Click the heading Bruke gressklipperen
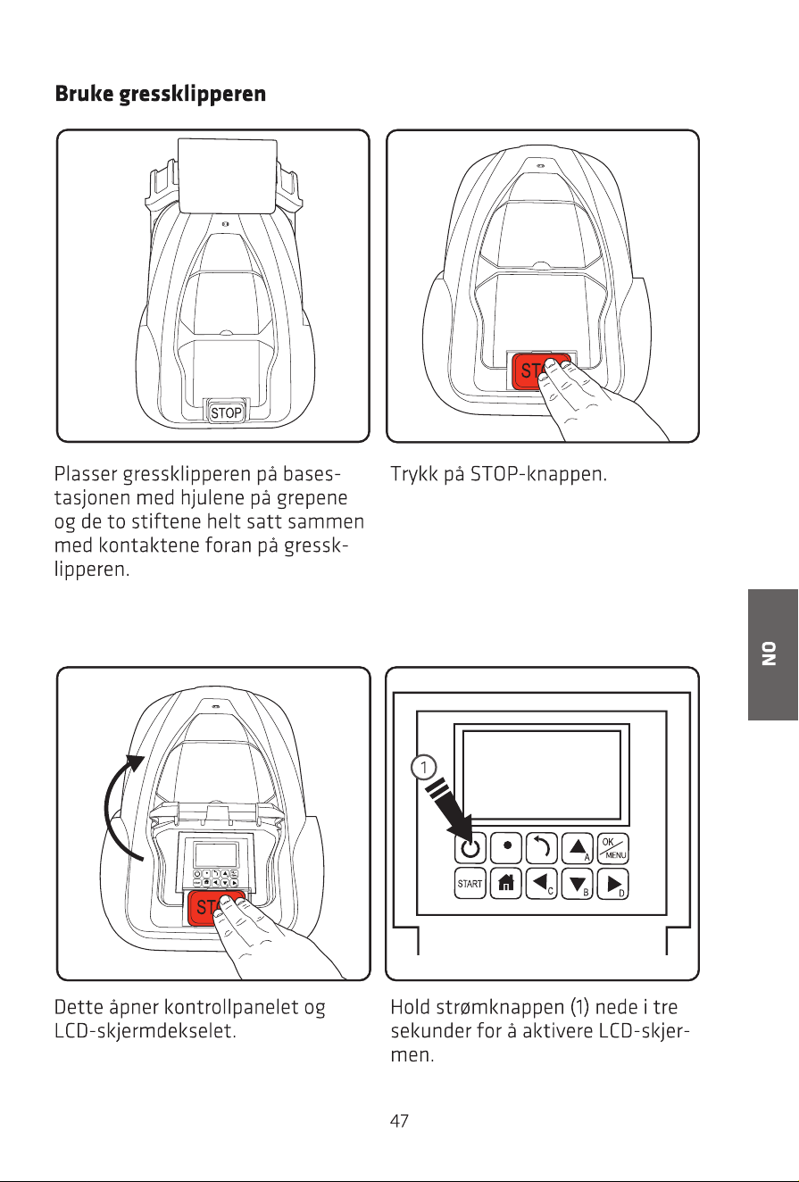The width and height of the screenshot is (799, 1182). (161, 95)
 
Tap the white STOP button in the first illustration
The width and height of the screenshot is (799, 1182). (227, 412)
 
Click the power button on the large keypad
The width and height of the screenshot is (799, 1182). (470, 848)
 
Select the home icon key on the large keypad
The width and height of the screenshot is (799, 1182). (505, 883)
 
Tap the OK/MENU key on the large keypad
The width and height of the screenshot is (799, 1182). (612, 848)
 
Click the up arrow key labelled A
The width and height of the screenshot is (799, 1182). (578, 848)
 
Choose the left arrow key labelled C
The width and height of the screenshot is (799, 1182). (542, 883)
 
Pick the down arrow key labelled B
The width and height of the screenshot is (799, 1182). (578, 883)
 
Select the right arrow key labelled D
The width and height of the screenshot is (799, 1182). (612, 883)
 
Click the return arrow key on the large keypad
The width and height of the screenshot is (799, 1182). (542, 848)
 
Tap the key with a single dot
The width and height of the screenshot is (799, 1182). (505, 848)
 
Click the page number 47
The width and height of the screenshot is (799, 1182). (399, 1120)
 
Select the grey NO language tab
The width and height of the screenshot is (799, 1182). (772, 654)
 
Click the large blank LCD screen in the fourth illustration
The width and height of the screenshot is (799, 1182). (542, 775)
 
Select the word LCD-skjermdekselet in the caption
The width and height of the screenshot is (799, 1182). (146, 1031)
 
